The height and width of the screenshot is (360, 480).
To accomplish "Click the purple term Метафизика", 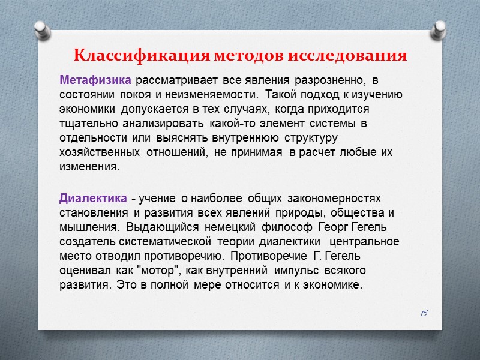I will click(x=96, y=80).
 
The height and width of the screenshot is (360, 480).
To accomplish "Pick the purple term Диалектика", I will click(x=93, y=198).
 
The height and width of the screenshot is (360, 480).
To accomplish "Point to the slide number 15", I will click(x=424, y=313).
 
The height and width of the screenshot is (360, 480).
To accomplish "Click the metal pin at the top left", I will click(x=41, y=28).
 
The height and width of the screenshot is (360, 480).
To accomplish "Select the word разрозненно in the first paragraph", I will click(x=334, y=80).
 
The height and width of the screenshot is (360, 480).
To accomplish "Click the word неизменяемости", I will click(x=218, y=94).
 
